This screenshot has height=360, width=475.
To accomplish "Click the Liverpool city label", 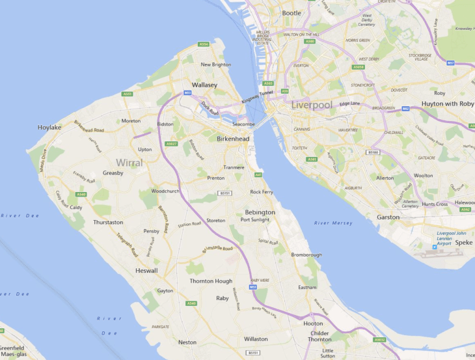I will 312,105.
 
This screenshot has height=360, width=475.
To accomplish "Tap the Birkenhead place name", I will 233,139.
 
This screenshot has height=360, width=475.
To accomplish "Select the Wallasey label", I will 204,85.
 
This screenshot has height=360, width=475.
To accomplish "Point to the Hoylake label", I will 49,128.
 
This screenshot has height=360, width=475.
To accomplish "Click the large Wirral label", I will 129,162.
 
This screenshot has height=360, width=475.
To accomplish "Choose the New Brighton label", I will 216,64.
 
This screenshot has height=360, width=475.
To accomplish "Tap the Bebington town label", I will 260,212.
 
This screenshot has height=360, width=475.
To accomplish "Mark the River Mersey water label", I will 333,223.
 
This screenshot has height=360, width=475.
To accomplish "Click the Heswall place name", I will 146,270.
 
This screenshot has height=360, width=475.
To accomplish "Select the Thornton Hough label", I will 211,281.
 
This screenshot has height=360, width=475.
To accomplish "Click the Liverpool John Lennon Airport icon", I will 435,247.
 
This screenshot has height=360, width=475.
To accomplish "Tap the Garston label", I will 388,217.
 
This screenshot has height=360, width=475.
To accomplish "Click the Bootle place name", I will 292,13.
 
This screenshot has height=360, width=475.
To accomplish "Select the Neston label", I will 187,342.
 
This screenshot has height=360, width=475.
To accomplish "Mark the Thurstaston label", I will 108,222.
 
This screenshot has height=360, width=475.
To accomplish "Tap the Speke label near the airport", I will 464,242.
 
